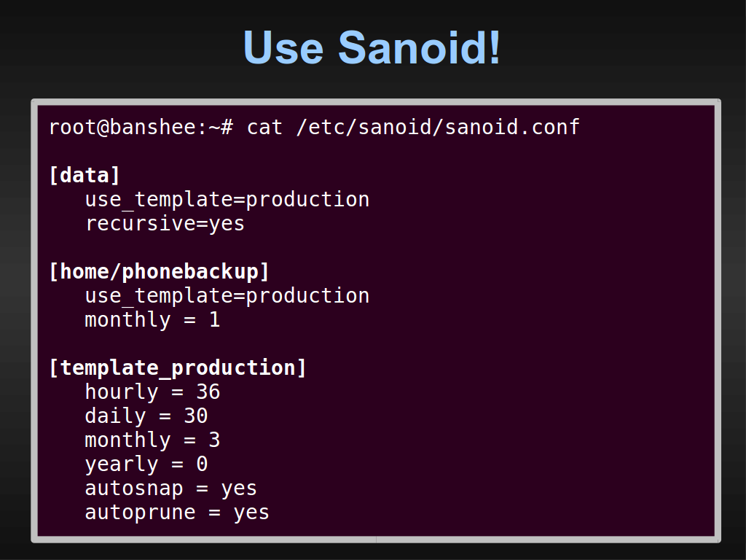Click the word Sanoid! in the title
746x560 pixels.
[419, 47]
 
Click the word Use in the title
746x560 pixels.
[283, 47]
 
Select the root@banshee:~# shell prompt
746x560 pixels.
[141, 127]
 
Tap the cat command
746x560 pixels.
[264, 127]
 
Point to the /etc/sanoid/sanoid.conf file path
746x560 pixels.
[438, 127]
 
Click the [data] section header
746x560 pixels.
[85, 175]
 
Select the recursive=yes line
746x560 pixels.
[165, 224]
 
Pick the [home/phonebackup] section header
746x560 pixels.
[159, 271]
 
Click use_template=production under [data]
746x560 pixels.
[227, 200]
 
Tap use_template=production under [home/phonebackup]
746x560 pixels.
[227, 296]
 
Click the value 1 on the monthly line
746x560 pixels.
[215, 319]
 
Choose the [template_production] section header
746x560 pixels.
[178, 368]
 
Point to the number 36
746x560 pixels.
[208, 392]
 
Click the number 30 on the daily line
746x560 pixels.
[195, 416]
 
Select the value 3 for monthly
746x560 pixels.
[215, 440]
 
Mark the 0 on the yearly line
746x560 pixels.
[203, 464]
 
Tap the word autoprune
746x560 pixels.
[141, 513]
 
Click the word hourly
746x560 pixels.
[122, 392]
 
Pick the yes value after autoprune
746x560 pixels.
[251, 513]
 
